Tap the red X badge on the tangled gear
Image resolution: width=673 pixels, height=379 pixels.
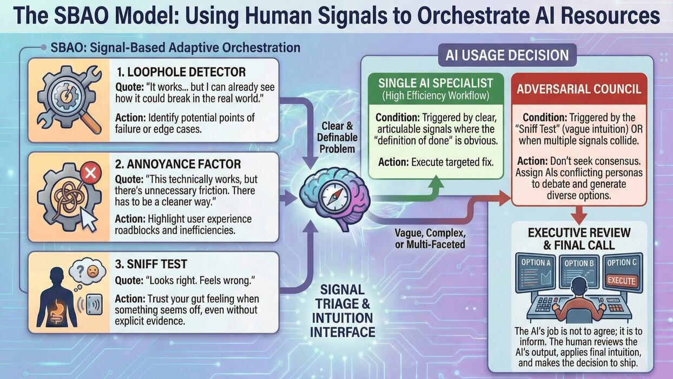(90, 173)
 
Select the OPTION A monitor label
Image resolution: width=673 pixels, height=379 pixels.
(536, 263)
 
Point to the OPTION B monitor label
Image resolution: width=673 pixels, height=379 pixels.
(579, 264)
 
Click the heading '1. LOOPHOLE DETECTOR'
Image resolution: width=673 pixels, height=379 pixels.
(181, 72)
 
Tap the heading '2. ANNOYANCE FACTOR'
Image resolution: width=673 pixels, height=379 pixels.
(178, 164)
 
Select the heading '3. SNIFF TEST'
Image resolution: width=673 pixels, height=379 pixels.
(151, 264)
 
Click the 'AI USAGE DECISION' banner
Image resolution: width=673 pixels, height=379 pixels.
(507, 55)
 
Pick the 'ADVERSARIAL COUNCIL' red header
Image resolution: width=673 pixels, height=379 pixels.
(579, 89)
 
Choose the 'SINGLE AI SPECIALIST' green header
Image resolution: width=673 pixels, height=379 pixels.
(436, 88)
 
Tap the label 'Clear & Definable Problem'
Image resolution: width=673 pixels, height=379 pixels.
(337, 138)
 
